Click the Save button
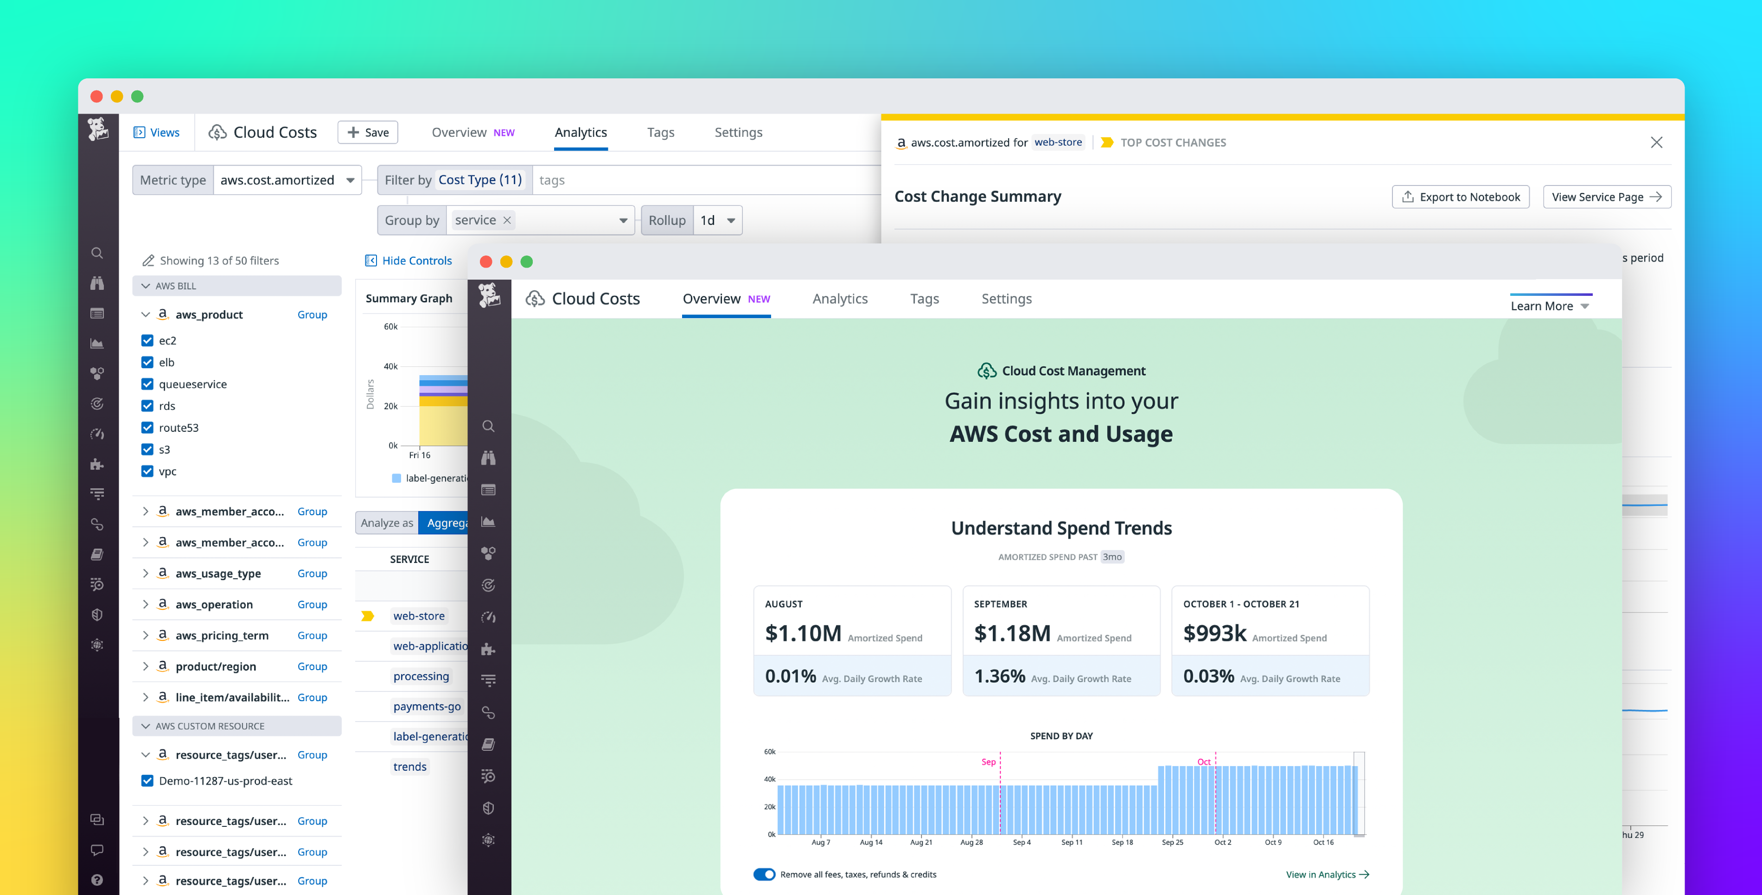tap(368, 132)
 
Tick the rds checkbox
tap(147, 406)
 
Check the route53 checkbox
tap(147, 428)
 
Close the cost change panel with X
tap(1656, 142)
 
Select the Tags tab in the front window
tap(924, 299)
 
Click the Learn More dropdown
tap(1549, 306)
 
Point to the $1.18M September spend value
tap(1012, 633)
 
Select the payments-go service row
tap(427, 706)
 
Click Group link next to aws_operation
tap(312, 604)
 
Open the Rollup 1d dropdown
tap(717, 220)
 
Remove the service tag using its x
tap(507, 220)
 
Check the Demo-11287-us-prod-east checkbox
tap(147, 781)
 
